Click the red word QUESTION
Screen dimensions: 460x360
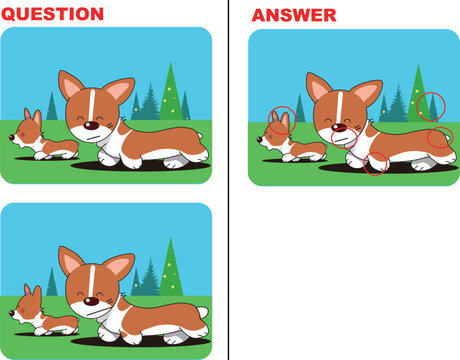52,14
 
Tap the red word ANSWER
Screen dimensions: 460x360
294,15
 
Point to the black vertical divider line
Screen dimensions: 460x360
229,180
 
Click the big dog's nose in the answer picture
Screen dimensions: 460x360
339,127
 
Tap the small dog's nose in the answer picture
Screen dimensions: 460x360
259,139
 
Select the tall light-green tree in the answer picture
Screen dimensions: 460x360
418,93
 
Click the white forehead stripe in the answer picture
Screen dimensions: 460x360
339,107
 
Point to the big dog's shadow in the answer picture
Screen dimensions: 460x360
388,168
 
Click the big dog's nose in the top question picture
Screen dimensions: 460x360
91,126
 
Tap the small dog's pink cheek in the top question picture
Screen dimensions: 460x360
23,134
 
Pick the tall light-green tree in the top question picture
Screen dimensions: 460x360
171,92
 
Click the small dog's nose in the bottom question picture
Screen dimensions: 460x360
12,313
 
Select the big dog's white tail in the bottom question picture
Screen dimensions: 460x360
203,313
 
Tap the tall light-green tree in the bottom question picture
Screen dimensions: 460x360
171,268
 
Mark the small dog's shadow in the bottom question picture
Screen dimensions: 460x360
47,333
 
